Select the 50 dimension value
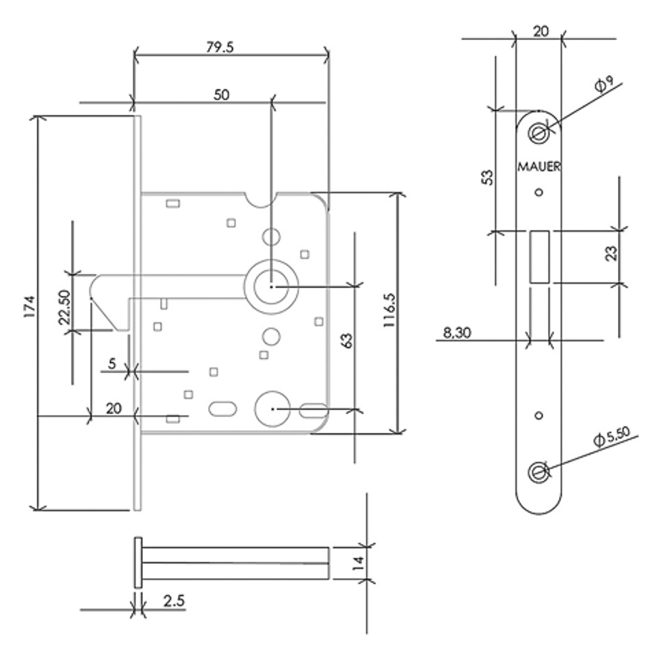(x=221, y=95)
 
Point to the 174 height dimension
(x=28, y=307)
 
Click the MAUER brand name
(x=539, y=167)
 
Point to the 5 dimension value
(x=112, y=363)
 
